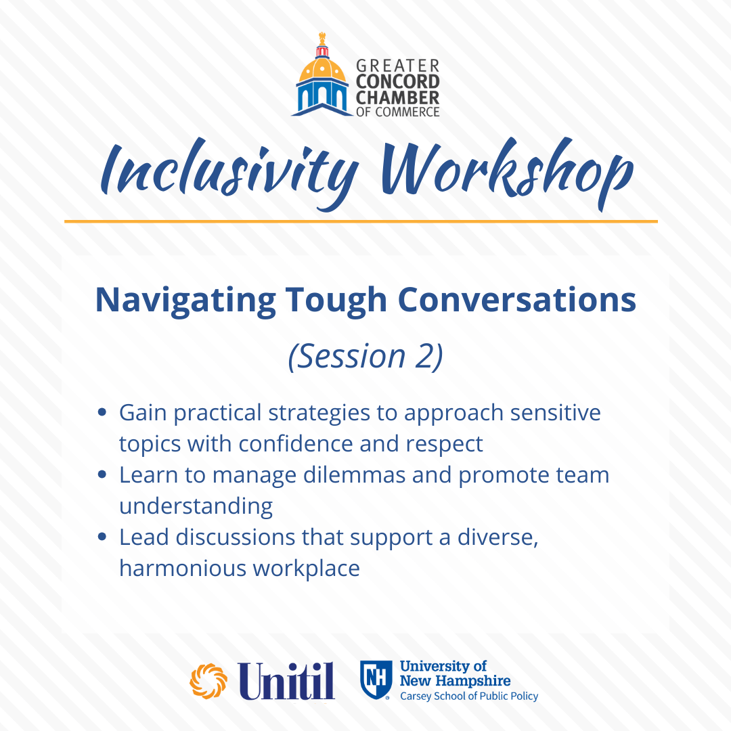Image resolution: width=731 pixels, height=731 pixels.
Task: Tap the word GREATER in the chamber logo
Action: (398, 66)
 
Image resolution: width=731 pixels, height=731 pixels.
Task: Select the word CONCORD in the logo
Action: (398, 82)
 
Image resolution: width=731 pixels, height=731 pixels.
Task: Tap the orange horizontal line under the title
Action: (361, 221)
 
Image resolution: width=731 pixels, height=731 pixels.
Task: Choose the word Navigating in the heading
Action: (185, 301)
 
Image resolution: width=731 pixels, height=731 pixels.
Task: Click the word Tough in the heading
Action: (336, 301)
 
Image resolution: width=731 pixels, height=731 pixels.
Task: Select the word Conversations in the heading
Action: (517, 300)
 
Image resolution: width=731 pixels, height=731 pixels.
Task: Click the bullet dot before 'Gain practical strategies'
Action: (102, 413)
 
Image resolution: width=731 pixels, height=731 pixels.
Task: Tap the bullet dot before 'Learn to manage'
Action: (102, 474)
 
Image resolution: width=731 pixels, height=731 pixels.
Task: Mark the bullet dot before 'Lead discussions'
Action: (102, 537)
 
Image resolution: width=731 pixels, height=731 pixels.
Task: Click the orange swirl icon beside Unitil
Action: (208, 681)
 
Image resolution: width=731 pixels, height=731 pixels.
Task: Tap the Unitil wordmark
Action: (287, 681)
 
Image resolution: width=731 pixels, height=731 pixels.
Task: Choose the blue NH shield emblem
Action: (375, 680)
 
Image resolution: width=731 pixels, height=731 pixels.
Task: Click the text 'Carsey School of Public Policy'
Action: (469, 696)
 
